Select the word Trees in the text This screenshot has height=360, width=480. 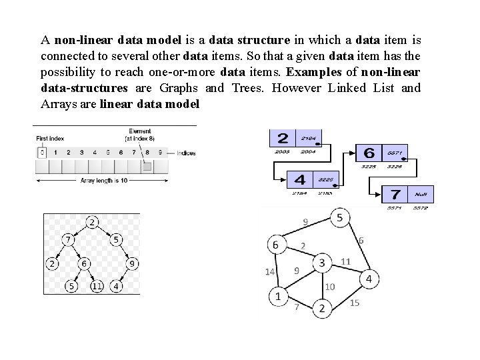[x=248, y=88]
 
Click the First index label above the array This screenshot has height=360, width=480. [x=51, y=138]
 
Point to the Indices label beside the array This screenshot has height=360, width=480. [x=186, y=153]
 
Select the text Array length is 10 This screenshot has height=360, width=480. [x=104, y=180]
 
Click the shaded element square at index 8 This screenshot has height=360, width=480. [x=147, y=166]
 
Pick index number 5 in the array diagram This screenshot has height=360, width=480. [x=108, y=153]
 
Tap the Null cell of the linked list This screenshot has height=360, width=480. [x=420, y=194]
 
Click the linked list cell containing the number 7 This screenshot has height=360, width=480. [x=395, y=194]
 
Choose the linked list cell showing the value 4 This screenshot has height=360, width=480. [x=300, y=179]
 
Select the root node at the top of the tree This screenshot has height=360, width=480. [x=92, y=222]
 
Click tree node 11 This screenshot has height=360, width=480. [x=97, y=287]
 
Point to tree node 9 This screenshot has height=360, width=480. [x=133, y=264]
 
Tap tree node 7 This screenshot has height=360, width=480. [x=67, y=239]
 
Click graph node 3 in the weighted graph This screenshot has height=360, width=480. [x=322, y=263]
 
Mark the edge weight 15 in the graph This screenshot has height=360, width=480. [x=354, y=303]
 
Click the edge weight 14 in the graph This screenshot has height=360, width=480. [x=269, y=271]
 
